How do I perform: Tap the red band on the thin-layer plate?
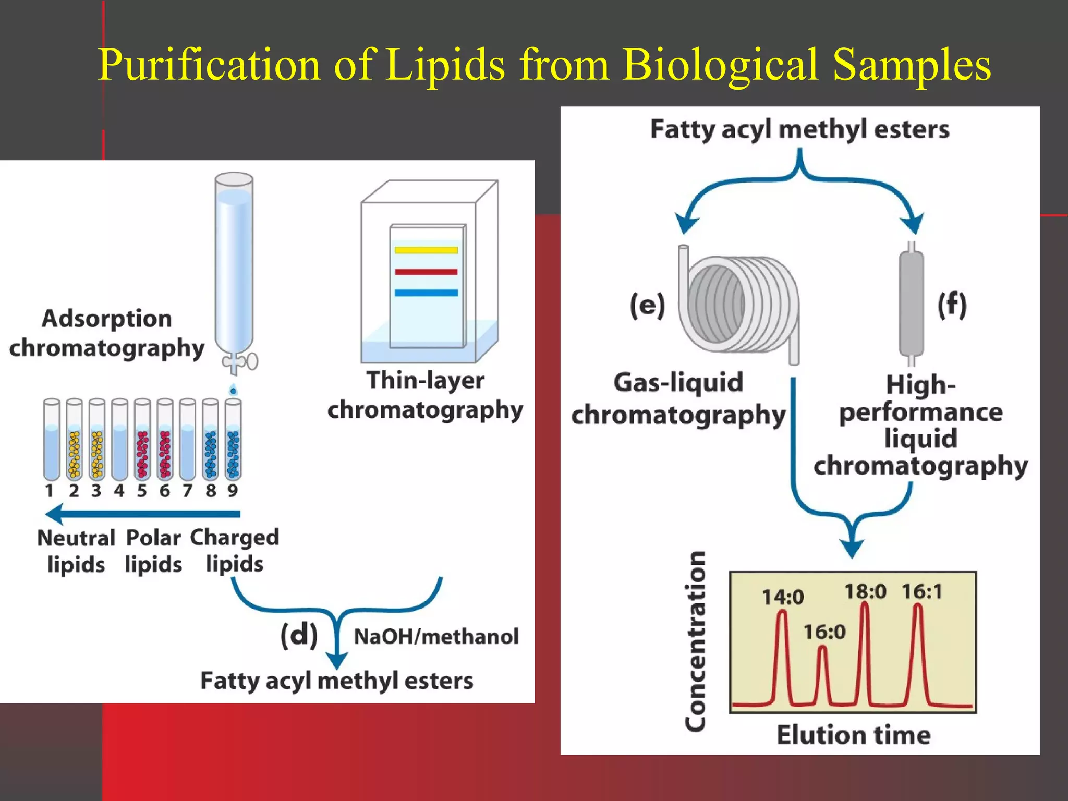coord(426,272)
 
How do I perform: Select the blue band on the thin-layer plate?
coord(426,293)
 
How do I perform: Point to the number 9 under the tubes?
coord(233,491)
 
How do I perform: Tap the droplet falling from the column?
coord(233,390)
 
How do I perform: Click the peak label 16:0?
coord(824,632)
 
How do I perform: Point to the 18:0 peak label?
coord(865,591)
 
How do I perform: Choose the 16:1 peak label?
coord(922,591)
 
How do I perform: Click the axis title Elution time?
coord(853,735)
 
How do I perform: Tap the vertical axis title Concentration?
coord(696,641)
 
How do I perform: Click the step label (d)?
coord(299,635)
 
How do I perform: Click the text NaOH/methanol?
coord(436,637)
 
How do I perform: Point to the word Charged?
coord(234,538)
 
